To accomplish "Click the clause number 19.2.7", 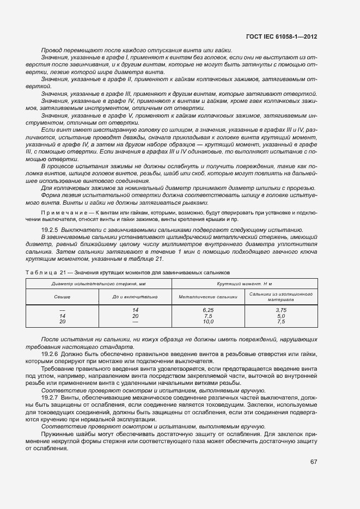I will tap(50, 398).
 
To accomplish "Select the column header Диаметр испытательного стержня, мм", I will tap(99, 284).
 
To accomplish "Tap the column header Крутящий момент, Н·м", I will tap(244, 284).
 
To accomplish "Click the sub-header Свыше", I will tap(62, 297).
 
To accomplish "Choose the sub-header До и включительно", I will tap(135, 297).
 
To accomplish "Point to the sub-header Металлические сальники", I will tap(208, 297).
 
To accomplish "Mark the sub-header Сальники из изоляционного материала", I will tap(280, 297).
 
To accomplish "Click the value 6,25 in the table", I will tap(208, 309).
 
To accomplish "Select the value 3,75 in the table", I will tap(280, 309).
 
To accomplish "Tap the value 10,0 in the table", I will tap(208, 321).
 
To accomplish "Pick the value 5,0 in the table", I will tap(280, 315).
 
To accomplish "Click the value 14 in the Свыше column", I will tap(62, 315).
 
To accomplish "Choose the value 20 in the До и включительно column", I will tap(135, 315).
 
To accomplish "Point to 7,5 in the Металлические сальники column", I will tap(208, 315).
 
